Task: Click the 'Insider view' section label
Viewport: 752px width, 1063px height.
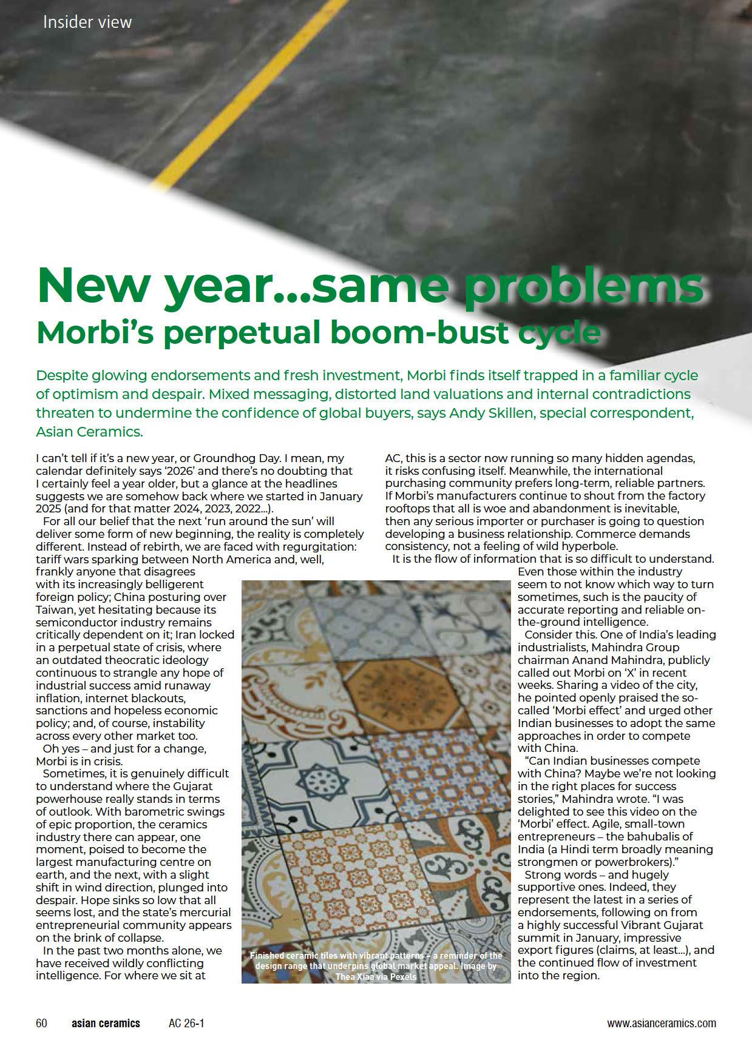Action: (87, 22)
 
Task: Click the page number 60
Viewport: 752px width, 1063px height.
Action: (41, 1024)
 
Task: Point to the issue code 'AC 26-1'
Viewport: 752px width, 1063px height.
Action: (186, 1024)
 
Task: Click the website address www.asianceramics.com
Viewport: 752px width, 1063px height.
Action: (662, 1024)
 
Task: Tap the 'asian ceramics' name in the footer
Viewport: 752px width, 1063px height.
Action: (106, 1024)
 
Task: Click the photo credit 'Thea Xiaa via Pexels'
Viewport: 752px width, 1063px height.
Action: (376, 977)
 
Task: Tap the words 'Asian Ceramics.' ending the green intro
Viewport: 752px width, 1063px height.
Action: (89, 432)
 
